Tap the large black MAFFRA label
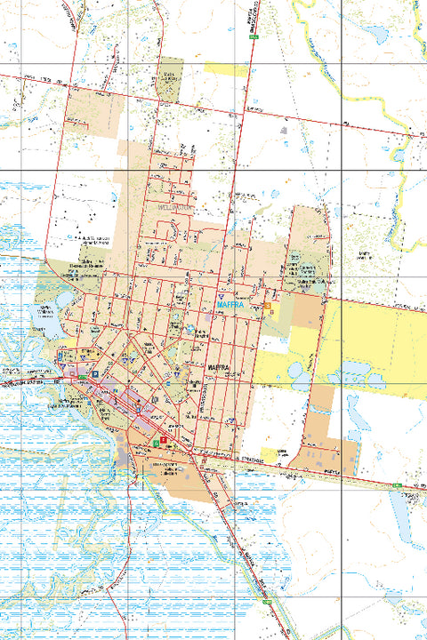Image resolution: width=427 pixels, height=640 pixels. coord(219,366)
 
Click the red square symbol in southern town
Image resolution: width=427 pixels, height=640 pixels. coord(164,439)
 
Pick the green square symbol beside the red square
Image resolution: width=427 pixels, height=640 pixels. coord(157,442)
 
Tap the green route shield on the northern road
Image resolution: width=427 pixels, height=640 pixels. coord(253,37)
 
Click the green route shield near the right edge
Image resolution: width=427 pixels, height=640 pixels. coord(396,484)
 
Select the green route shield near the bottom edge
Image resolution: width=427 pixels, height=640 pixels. coord(266,602)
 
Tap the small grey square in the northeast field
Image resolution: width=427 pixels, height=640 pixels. coord(284,130)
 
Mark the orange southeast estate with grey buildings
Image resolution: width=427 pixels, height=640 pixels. coord(329,453)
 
